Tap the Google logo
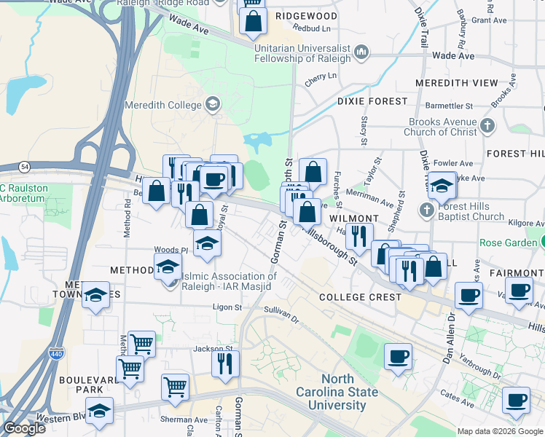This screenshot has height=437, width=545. [x=24, y=428]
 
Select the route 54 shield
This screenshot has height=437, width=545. [x=24, y=167]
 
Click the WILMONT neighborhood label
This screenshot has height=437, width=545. [x=353, y=219]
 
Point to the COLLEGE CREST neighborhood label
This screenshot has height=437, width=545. [x=360, y=297]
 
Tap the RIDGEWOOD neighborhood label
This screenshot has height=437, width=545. [x=307, y=16]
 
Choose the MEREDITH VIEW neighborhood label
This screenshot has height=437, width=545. [x=457, y=83]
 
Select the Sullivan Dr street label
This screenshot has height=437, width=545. [x=282, y=314]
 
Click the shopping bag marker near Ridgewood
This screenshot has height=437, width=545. [x=253, y=22]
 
